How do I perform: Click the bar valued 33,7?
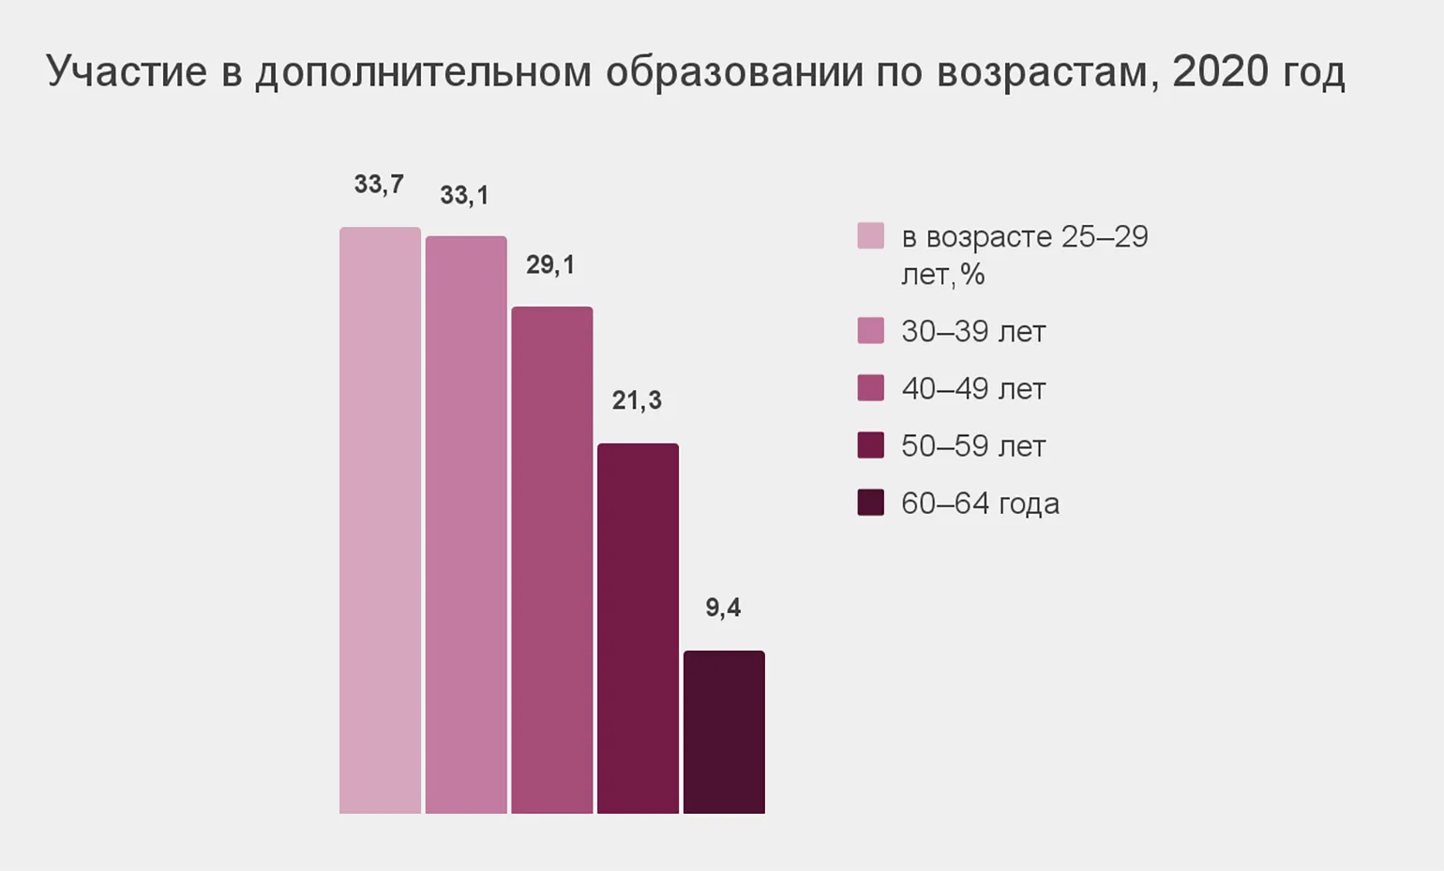click(x=380, y=520)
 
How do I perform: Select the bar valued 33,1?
click(x=466, y=525)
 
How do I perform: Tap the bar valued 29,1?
click(x=551, y=560)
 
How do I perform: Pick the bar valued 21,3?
click(x=638, y=628)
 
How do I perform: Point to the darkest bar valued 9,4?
click(x=724, y=731)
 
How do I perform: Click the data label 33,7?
click(x=379, y=185)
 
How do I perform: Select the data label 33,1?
click(x=464, y=196)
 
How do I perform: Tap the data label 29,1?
click(x=550, y=265)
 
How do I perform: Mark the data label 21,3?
click(x=637, y=401)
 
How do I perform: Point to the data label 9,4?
click(x=723, y=608)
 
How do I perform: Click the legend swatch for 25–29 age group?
click(x=870, y=235)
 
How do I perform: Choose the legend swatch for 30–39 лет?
click(x=870, y=331)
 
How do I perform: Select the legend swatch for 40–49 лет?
click(x=870, y=388)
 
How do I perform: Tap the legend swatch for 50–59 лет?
click(x=870, y=445)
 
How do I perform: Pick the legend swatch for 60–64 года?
click(x=870, y=503)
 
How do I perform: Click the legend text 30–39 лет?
click(x=973, y=332)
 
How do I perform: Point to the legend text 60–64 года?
click(x=980, y=503)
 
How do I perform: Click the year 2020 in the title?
click(x=1220, y=71)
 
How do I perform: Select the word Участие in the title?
click(x=127, y=71)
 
